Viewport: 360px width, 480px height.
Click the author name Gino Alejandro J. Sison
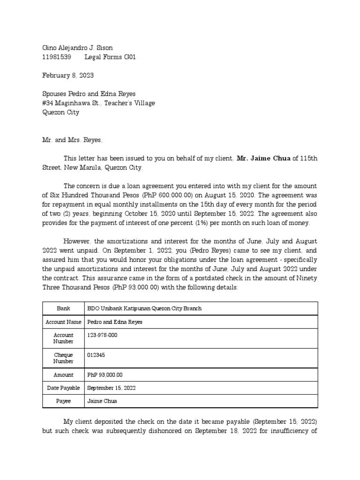click(x=77, y=48)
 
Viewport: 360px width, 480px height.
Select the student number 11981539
click(x=57, y=57)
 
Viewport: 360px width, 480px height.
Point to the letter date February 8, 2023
click(x=71, y=75)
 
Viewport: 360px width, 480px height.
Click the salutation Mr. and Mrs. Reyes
click(x=72, y=140)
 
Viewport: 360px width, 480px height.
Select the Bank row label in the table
click(x=63, y=308)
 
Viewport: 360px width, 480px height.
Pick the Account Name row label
click(x=63, y=322)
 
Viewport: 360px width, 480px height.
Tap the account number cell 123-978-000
click(x=103, y=335)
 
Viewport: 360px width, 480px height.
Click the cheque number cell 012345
click(x=96, y=355)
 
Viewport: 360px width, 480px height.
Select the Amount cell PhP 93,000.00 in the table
click(x=105, y=375)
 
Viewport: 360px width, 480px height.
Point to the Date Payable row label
click(x=63, y=388)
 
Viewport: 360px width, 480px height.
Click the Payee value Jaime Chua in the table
click(x=102, y=401)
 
